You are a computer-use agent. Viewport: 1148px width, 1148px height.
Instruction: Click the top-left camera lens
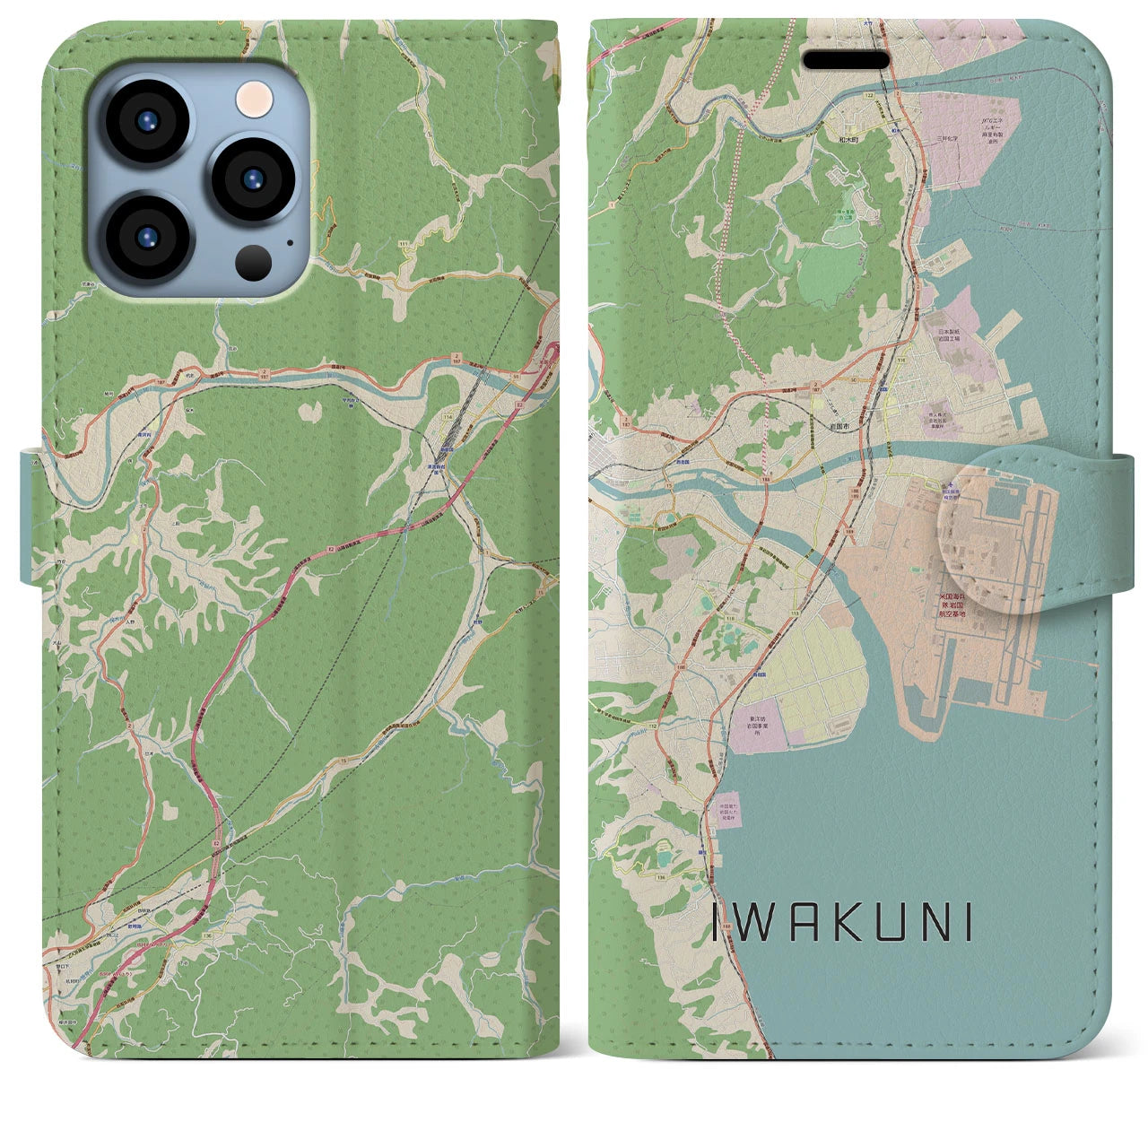coord(146,121)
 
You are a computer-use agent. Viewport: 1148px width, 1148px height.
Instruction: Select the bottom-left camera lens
coord(146,238)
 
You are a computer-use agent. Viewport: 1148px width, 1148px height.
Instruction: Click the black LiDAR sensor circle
coord(254,263)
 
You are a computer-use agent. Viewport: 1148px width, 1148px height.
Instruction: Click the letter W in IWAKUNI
coord(761,923)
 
